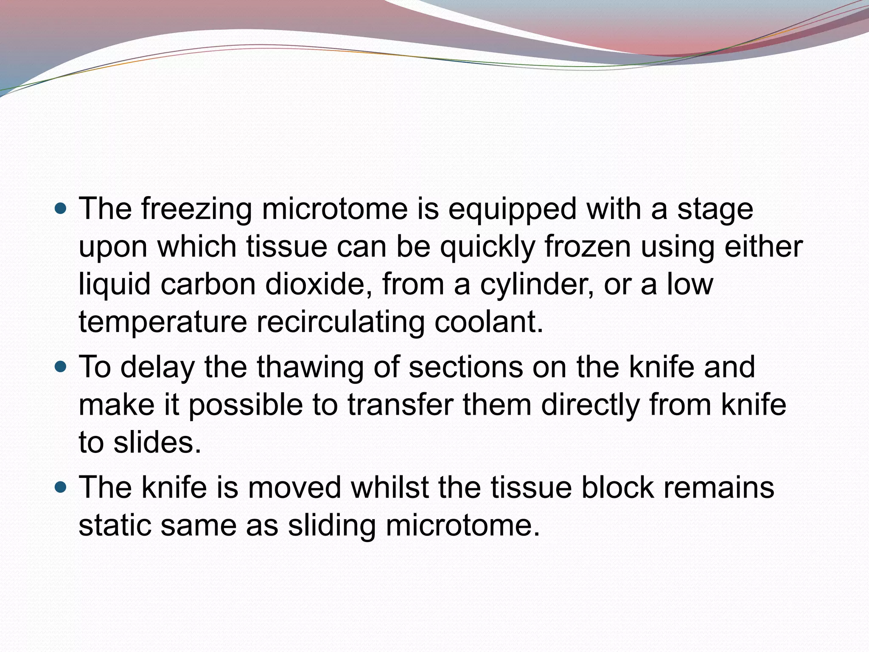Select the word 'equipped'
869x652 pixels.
coord(512,210)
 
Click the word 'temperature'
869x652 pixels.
coord(163,322)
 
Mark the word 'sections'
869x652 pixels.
coord(465,367)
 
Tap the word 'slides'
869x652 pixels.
coord(157,442)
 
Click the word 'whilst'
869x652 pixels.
coord(390,487)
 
